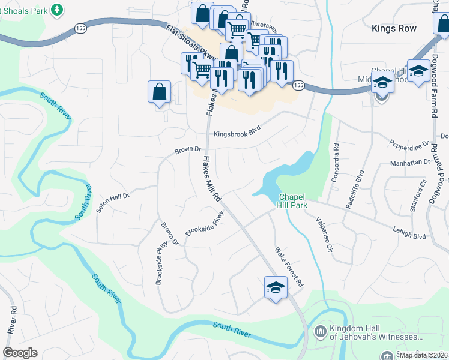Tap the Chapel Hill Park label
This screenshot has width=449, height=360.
292,201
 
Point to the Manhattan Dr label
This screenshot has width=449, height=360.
410,162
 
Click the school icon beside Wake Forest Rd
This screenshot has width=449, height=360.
276,287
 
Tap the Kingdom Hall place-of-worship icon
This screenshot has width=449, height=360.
320,331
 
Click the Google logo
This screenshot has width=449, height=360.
20,353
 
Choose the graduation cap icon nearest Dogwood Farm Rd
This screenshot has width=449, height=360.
418,70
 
